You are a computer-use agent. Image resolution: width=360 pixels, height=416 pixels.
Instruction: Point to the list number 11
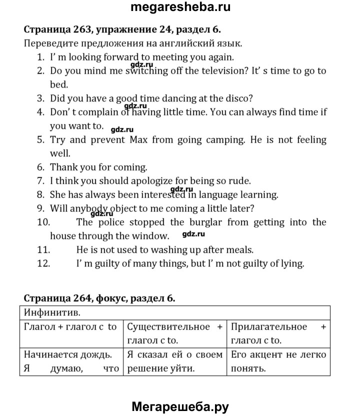pyautogui.click(x=43, y=249)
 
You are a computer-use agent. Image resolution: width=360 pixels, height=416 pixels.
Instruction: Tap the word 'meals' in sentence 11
pyautogui.click(x=240, y=249)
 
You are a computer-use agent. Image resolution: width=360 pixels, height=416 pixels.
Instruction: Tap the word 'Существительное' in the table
pyautogui.click(x=168, y=327)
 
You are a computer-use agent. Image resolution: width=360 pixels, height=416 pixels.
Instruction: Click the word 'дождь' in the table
pyautogui.click(x=96, y=355)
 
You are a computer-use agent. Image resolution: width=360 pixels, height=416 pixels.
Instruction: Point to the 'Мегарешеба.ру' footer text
pyautogui.click(x=180, y=406)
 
